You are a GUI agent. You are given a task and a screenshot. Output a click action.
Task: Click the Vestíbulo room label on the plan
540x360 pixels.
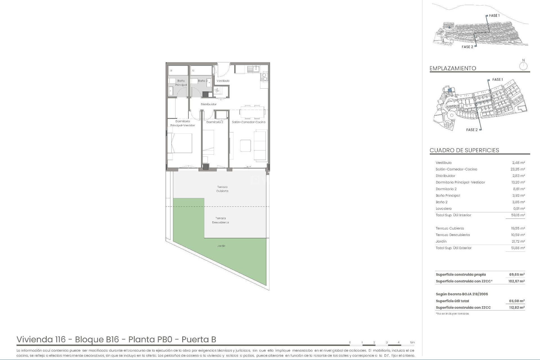coord(223,81)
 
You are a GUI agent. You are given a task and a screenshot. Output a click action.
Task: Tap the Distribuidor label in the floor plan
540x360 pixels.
coord(209,104)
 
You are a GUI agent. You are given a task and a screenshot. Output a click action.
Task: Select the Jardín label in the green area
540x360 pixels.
coord(221,246)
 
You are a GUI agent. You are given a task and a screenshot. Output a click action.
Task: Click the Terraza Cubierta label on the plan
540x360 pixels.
coord(222,189)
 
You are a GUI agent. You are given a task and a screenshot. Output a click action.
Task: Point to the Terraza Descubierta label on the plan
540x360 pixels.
coord(220,220)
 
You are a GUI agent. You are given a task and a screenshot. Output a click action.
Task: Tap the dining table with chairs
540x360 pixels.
coord(252,112)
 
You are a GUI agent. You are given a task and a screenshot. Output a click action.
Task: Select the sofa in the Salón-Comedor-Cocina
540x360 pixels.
coord(261,145)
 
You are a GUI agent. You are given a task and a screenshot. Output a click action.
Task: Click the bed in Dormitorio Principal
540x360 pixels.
coord(180,143)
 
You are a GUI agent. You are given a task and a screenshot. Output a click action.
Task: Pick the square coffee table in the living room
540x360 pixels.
coord(245,145)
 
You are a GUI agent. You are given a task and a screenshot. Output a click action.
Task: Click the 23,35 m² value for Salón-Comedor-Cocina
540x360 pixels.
coord(518,169)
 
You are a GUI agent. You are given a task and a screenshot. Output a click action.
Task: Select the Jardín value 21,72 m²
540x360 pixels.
coord(518,242)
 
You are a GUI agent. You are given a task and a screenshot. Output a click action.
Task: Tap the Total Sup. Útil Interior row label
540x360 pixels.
coord(453,215)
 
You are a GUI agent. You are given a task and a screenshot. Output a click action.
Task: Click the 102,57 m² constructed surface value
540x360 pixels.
coord(516,281)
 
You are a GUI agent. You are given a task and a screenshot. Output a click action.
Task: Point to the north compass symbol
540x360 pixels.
coord(523,66)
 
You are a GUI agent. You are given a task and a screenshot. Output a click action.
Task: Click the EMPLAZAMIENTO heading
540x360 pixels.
coord(453,68)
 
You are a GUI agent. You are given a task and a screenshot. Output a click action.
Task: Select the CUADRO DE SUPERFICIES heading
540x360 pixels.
coord(464,150)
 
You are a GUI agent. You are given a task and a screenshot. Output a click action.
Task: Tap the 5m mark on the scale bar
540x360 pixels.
coord(412,343)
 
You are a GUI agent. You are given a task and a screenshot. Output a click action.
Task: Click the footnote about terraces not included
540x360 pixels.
coord(452,314)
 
